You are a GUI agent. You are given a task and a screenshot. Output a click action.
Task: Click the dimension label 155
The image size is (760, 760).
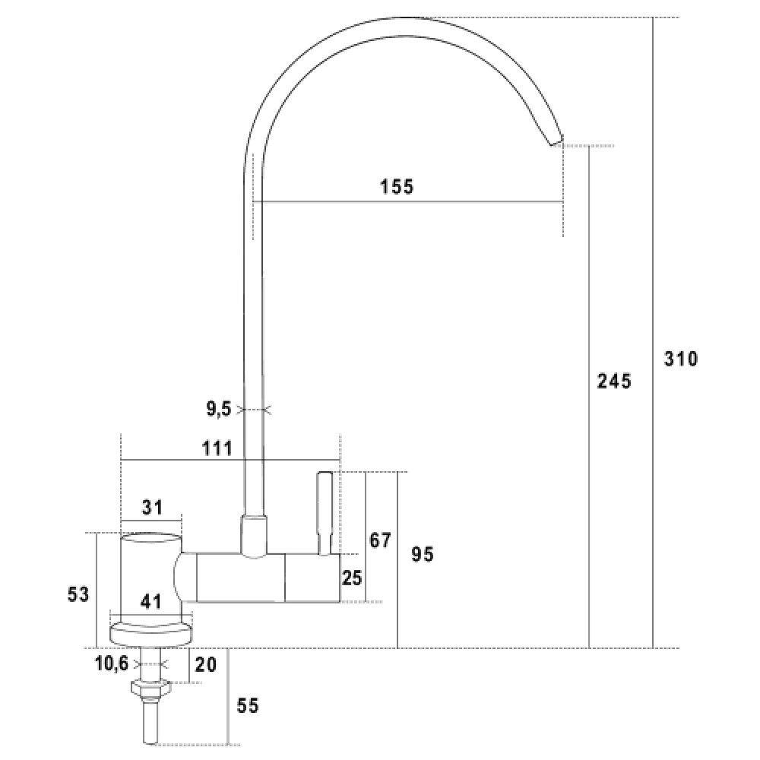[x=397, y=186]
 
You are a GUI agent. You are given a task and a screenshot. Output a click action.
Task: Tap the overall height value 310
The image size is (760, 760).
[x=680, y=359]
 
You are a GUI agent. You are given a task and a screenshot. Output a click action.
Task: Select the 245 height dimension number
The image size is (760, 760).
[x=614, y=381]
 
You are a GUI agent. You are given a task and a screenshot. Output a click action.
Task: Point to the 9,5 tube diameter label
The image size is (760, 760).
[x=219, y=409]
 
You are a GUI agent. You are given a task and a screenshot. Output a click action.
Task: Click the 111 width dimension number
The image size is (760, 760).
[x=217, y=448]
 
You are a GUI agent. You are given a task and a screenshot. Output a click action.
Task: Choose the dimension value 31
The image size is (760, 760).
[x=152, y=507]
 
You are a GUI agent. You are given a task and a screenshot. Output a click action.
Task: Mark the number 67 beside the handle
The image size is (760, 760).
[x=380, y=540]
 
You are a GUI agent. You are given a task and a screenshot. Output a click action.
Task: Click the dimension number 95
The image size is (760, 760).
[x=422, y=554]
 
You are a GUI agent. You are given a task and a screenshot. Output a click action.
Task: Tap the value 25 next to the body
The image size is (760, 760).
[x=352, y=578]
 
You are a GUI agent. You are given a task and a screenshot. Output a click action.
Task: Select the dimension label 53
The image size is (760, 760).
[x=78, y=594]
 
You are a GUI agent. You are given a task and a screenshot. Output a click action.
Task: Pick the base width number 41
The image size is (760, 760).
[x=150, y=601]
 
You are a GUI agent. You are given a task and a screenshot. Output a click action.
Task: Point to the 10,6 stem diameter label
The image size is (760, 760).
[x=112, y=663]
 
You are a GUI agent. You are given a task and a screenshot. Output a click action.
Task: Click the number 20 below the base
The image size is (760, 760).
[x=205, y=664]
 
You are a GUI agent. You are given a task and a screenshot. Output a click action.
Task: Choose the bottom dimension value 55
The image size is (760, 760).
[x=248, y=706]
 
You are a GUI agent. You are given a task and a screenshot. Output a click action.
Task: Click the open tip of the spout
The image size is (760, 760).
[x=556, y=141]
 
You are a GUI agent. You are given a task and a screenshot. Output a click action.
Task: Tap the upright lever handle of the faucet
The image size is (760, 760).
[x=325, y=513]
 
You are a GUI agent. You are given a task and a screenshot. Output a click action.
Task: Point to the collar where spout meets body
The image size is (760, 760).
[x=254, y=537]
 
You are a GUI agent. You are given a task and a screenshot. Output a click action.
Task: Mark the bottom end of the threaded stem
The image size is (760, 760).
[x=150, y=743]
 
